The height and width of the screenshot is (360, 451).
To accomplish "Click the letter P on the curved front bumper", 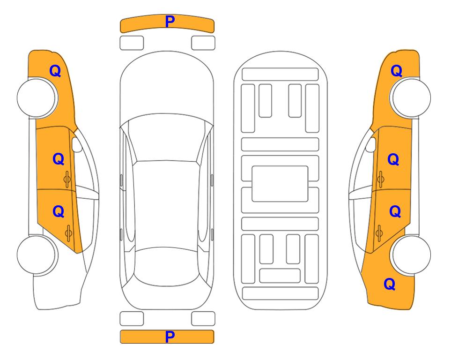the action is (170, 22).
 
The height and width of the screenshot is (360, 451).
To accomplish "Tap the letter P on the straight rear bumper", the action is (170, 337).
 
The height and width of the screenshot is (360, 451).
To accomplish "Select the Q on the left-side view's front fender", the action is (55, 71).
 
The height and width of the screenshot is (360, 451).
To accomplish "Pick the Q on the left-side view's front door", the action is (59, 159).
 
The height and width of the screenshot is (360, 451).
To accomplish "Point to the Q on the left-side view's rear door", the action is (59, 212).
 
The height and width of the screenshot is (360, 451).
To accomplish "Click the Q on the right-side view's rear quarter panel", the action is (390, 284).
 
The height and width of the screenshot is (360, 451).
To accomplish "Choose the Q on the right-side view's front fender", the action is (396, 71).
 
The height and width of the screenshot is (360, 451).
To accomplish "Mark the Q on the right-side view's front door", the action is (393, 159).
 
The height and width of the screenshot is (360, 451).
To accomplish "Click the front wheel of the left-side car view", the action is (37, 98).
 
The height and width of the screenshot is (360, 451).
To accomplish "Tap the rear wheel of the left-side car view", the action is (37, 255).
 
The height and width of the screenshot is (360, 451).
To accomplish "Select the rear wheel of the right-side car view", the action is (411, 255).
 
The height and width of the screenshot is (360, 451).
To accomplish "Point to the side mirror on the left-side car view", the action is (76, 144).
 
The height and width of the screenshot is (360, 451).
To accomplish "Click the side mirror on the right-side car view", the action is (370, 144).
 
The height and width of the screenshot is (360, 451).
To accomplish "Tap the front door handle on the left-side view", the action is (67, 179).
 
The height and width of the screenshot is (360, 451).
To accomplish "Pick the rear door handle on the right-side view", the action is (379, 233).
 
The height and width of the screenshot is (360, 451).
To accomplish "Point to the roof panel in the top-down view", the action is (167, 205).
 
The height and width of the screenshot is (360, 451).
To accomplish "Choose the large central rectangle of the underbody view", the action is (280, 184).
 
